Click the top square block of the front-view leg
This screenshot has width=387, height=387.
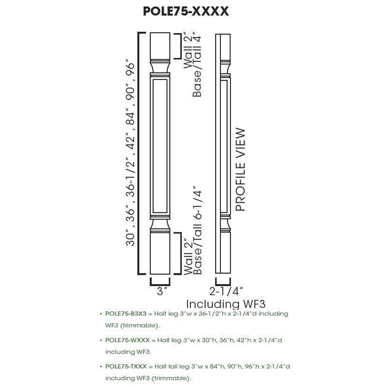[x=160, y=46]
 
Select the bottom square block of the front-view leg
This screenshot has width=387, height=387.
[x=160, y=253]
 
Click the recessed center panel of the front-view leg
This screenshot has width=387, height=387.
[x=160, y=145]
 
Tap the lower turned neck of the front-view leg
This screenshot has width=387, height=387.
[x=160, y=224]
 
